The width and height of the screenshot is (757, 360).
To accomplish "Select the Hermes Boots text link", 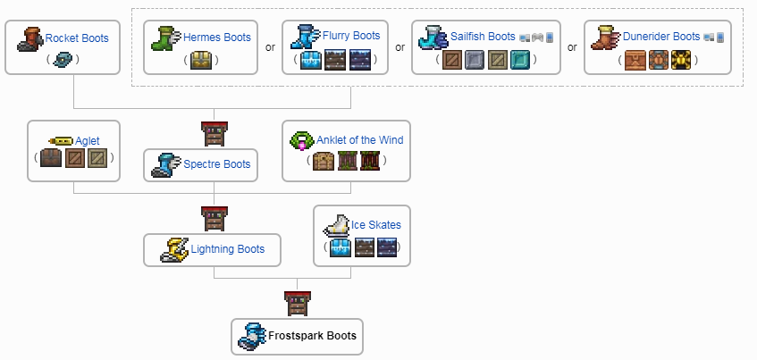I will [216, 38].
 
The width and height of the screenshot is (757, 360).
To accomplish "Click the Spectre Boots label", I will [218, 164].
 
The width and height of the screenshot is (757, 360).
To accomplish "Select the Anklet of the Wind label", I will [359, 139].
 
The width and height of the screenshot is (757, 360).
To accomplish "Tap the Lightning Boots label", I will [227, 249].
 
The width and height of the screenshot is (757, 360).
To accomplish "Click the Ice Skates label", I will [375, 224].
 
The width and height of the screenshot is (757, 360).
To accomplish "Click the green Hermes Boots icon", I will [166, 38].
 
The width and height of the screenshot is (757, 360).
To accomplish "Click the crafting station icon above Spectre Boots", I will [214, 133].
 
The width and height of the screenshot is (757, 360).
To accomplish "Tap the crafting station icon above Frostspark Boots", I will [298, 304].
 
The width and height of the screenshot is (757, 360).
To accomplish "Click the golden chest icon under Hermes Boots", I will [202, 61].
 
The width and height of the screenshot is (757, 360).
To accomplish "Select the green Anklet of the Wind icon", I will [302, 140].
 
